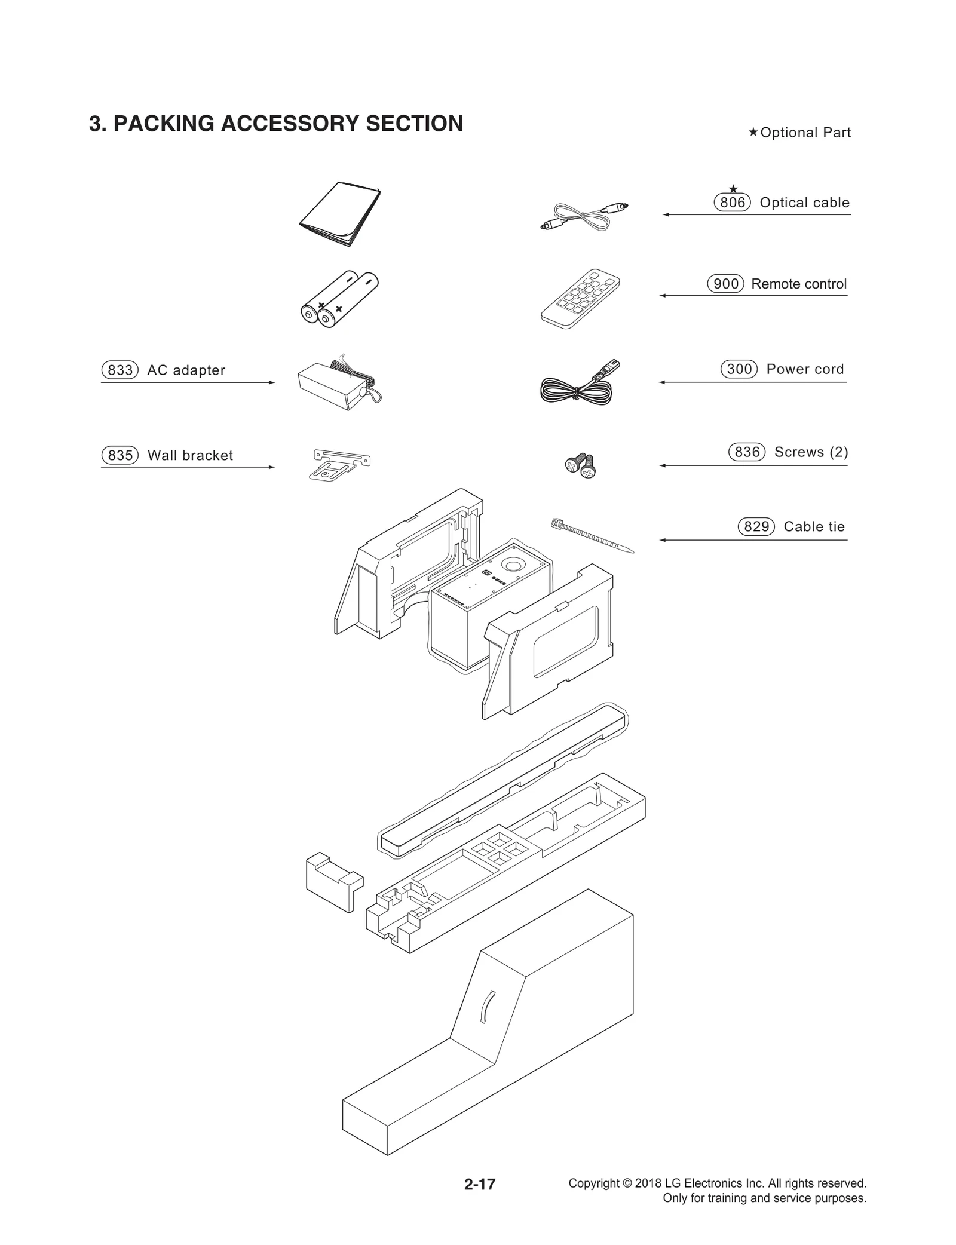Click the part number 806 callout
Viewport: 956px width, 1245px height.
tap(732, 203)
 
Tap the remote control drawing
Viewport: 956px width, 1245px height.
tap(580, 298)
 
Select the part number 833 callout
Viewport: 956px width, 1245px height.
tap(120, 370)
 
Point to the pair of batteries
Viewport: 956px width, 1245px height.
tap(339, 300)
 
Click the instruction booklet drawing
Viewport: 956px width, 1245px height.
tap(340, 213)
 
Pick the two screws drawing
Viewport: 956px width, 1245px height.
tap(581, 465)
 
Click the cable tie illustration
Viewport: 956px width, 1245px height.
tap(592, 535)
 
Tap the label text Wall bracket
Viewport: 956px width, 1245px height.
tap(190, 456)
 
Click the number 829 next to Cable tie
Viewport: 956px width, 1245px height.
tap(756, 526)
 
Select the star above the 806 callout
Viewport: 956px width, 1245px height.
tap(733, 189)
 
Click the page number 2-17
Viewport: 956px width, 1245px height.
tap(480, 1184)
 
